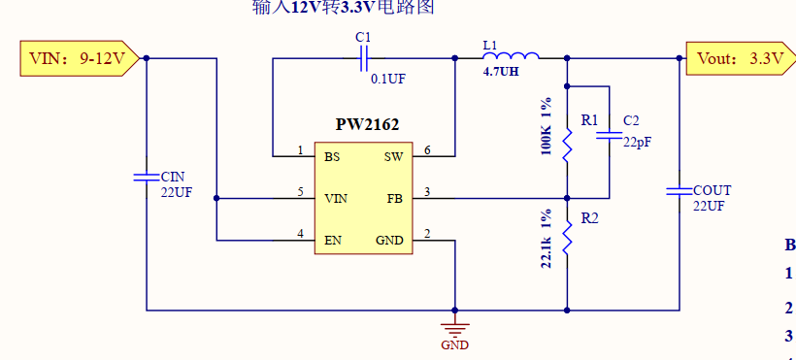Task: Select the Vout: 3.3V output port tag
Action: coord(739,58)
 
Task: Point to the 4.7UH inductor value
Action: coord(501,72)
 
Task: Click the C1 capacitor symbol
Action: coord(363,58)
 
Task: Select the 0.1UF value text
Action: coord(388,79)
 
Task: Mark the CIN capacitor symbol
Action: coord(146,177)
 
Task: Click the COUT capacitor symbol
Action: coord(678,191)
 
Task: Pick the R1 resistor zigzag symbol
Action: coord(567,143)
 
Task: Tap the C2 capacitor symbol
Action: coord(609,139)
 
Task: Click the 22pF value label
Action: coord(637,142)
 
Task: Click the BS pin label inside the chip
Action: coord(332,156)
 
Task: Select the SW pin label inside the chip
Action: coord(393,156)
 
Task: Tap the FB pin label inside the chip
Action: coord(394,199)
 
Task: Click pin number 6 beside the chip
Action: coord(427,150)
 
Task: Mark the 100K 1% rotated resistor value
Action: coord(547,126)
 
